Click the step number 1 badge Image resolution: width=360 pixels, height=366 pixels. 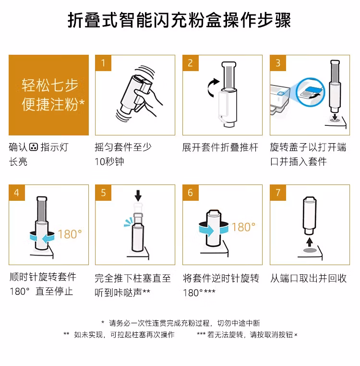click(103, 63)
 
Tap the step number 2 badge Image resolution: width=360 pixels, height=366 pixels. click(191, 63)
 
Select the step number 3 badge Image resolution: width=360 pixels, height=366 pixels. click(278, 63)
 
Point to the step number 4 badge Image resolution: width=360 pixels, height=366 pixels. click(17, 193)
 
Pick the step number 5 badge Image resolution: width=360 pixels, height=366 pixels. click(103, 193)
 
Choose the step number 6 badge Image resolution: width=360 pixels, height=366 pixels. click(191, 193)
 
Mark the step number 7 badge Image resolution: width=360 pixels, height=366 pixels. click(278, 193)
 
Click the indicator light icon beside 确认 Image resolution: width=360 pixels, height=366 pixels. click(34, 147)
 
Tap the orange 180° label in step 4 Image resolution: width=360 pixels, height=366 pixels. click(70, 234)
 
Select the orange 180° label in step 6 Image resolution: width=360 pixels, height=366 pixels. click(243, 227)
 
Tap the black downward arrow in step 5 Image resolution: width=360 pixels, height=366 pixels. click(138, 195)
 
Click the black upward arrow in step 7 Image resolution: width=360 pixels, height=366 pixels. click(310, 242)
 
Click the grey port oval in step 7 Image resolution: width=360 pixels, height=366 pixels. click(310, 250)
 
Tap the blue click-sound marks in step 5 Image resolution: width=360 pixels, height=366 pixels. click(128, 222)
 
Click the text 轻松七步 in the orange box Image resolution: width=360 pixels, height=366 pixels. click(50, 85)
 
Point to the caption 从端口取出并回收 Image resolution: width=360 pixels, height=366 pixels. click(308, 278)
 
